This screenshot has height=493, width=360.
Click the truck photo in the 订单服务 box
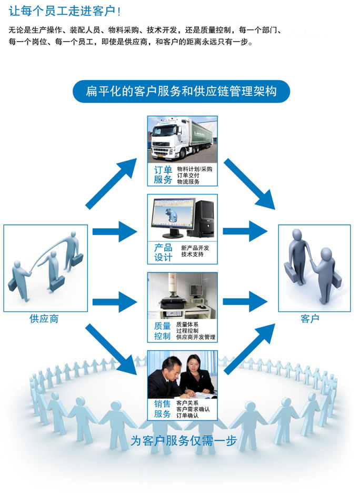(x=182, y=140)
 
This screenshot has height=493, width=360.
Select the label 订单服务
(x=163, y=175)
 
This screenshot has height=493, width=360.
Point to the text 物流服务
(x=188, y=182)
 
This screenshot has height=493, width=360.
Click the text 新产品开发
(x=195, y=248)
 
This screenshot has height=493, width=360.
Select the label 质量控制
(x=163, y=331)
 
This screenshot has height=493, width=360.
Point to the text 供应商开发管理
(x=196, y=337)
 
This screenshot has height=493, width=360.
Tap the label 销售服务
(x=163, y=409)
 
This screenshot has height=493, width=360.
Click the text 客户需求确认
(x=193, y=409)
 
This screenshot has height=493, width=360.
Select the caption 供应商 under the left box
(x=44, y=319)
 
